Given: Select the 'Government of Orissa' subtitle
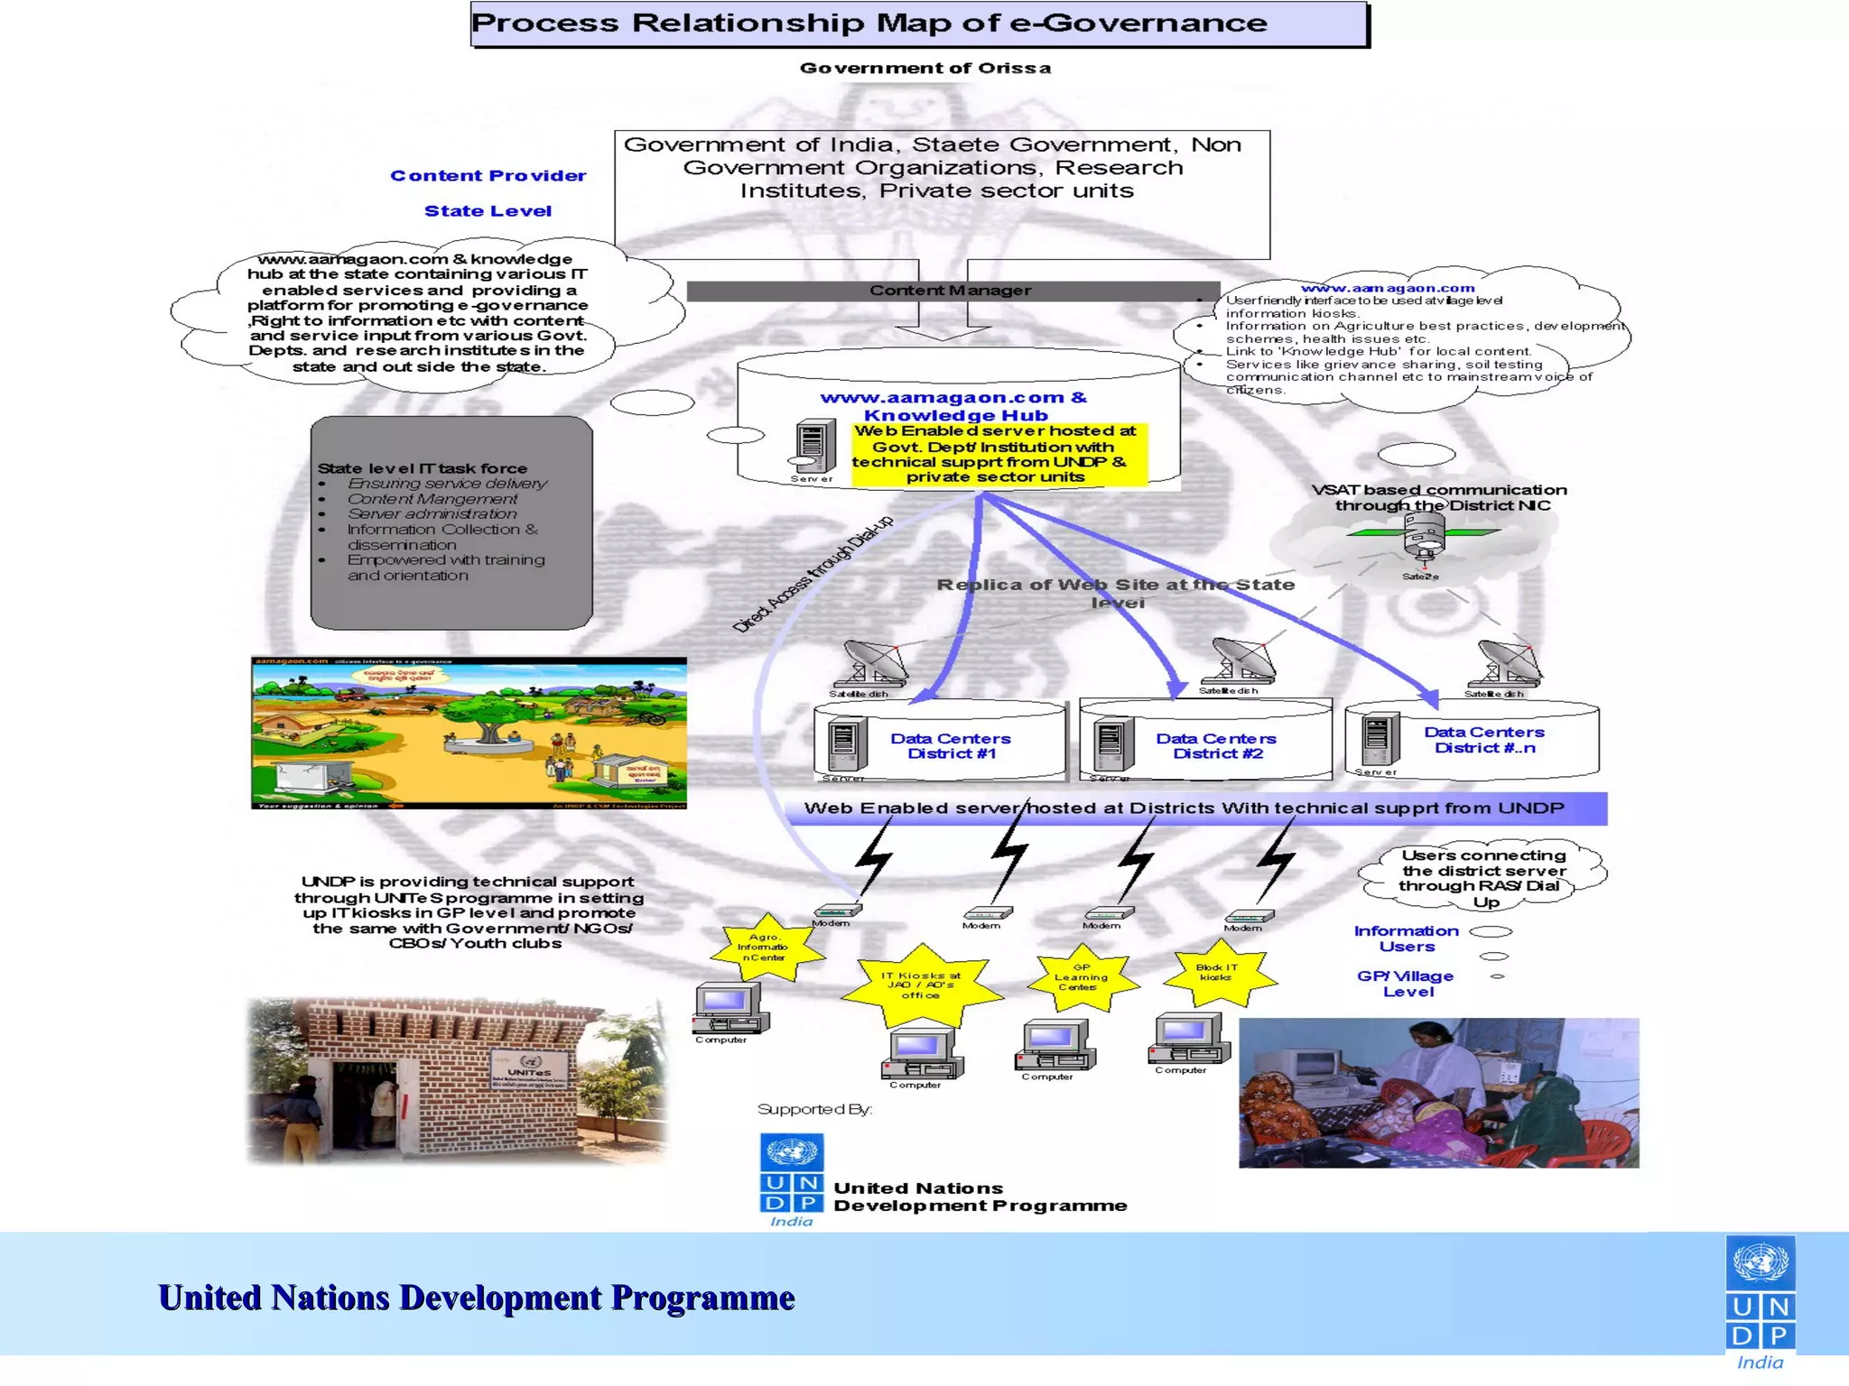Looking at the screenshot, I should [924, 69].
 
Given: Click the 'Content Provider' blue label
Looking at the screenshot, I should [488, 176].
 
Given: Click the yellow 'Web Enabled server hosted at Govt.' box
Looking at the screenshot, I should [997, 455].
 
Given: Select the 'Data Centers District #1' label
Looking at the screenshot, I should [951, 746].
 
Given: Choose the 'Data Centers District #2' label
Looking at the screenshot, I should [1216, 746].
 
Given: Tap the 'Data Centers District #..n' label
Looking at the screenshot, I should [1484, 740].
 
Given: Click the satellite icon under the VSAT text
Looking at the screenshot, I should [1423, 538].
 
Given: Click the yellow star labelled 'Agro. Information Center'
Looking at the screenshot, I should [765, 948].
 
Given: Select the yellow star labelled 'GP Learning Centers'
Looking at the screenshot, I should [1081, 978].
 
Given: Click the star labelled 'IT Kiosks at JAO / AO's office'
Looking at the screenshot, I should [921, 986].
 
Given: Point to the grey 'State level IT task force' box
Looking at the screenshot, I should [451, 522].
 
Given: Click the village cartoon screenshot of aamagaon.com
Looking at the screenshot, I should [469, 733].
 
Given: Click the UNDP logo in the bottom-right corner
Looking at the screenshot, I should [1761, 1303].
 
